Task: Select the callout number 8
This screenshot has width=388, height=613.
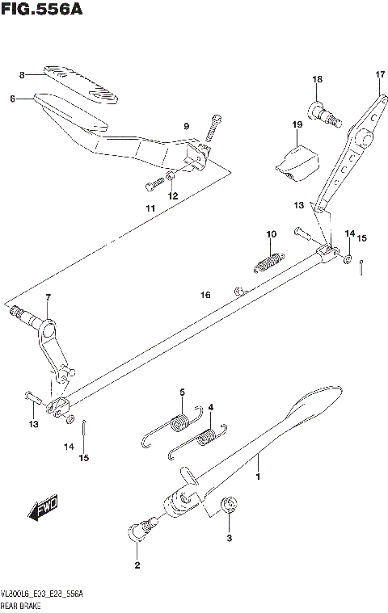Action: [23, 75]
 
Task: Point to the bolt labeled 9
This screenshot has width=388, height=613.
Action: [213, 126]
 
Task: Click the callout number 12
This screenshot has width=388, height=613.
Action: [172, 195]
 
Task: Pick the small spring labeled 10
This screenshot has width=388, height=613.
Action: [267, 261]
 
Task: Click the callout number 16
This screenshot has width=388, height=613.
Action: [205, 296]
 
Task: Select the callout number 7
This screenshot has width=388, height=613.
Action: [48, 299]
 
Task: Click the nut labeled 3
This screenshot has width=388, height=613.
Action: [229, 506]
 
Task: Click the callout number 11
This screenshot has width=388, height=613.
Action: [150, 209]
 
